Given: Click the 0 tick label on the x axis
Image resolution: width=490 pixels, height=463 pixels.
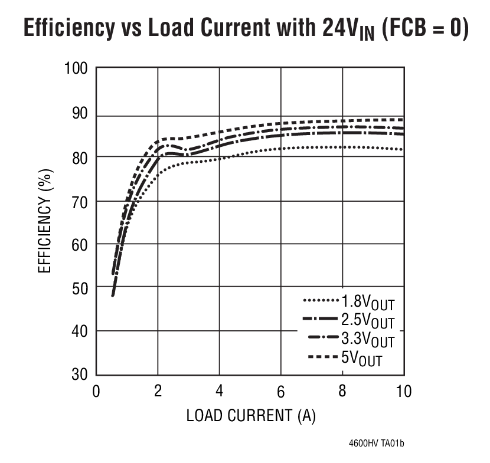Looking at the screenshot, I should (x=96, y=392).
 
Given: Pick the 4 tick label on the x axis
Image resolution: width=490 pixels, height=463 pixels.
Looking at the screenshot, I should (x=219, y=392).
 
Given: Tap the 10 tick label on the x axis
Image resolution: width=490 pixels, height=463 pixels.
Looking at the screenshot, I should (x=404, y=392).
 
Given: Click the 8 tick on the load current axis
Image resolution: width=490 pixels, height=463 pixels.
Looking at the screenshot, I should (x=342, y=392).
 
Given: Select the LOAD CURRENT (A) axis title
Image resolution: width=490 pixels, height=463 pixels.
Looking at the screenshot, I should (x=251, y=416).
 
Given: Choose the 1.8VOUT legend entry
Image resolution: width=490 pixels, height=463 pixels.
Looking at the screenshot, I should (x=348, y=302).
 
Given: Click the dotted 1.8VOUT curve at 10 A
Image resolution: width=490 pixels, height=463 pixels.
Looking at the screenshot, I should (x=403, y=149).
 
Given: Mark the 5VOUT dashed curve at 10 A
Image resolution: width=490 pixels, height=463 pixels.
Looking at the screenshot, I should (x=403, y=119).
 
